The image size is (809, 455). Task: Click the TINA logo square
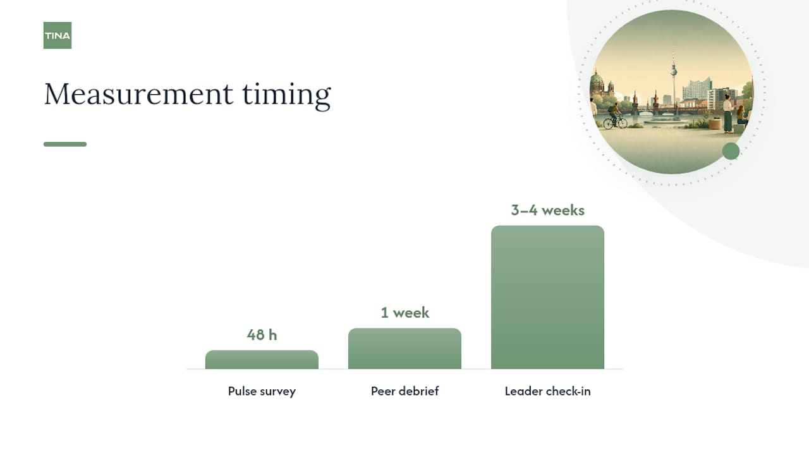point(58,35)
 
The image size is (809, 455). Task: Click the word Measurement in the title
point(138,94)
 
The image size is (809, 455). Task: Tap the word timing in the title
point(286,95)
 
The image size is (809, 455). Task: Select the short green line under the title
point(65,145)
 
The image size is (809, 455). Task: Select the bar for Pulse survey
point(262,360)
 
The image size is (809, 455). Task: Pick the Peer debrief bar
point(404,348)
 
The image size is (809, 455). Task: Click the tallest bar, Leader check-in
point(547,297)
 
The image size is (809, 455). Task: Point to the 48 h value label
point(262,335)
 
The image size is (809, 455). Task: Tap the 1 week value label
point(405,313)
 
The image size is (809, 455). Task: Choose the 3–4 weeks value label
point(547,210)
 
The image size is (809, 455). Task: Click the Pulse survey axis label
point(262,391)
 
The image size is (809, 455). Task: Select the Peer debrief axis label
point(405,391)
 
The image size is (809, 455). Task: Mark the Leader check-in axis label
point(547,391)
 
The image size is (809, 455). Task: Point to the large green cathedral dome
point(597,78)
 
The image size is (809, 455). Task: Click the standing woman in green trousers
point(727,114)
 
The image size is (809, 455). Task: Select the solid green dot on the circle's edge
point(731,151)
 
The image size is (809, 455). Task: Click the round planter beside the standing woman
point(715,124)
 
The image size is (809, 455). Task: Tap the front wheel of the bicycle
point(623,123)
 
